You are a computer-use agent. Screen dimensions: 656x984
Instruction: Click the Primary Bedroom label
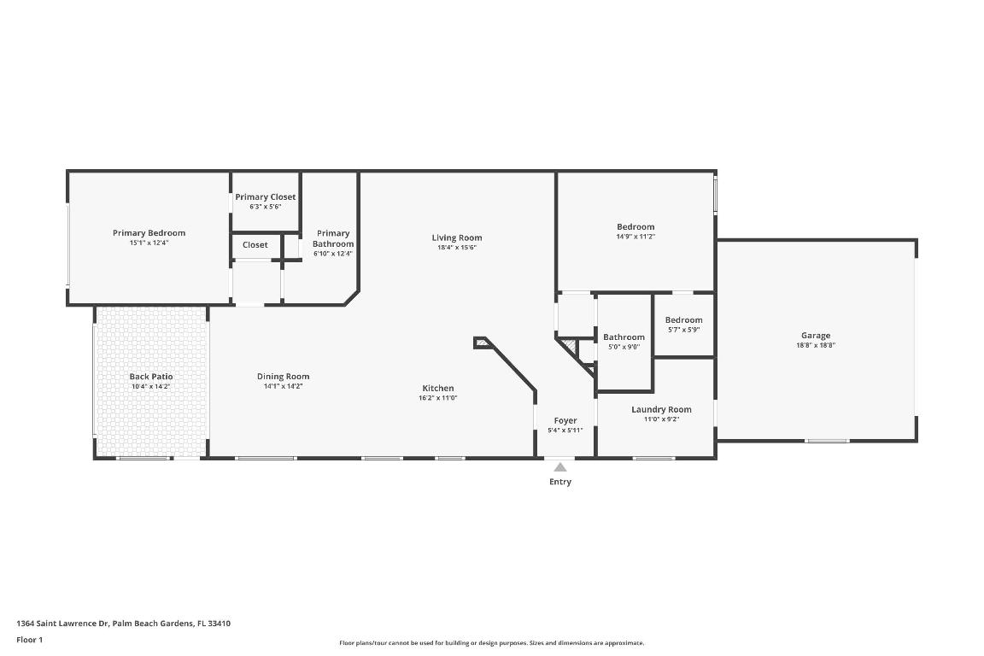[x=149, y=233]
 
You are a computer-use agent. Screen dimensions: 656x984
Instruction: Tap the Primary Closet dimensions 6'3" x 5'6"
[x=265, y=207]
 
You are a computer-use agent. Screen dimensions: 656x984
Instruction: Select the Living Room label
[x=456, y=238]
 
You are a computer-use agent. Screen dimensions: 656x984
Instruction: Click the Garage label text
[x=815, y=336]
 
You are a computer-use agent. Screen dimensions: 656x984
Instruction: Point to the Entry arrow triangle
[x=560, y=467]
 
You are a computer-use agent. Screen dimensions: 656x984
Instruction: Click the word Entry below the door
[x=560, y=482]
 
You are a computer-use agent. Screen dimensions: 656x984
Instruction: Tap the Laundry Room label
[x=661, y=410]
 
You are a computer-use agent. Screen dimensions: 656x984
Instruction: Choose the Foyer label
[x=565, y=420]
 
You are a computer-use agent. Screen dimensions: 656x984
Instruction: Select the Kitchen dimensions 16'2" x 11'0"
[x=437, y=398]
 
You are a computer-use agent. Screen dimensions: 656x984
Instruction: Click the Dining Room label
[x=283, y=377]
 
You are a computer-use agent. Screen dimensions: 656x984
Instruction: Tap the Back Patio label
[x=151, y=377]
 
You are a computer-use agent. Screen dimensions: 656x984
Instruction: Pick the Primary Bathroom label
[x=332, y=238]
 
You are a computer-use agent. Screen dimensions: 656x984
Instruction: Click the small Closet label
[x=255, y=245]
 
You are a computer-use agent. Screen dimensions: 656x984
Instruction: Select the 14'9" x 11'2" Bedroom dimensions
[x=635, y=237]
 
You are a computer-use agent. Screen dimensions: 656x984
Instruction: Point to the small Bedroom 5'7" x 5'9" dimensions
[x=683, y=330]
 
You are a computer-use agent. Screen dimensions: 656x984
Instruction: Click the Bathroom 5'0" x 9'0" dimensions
[x=624, y=347]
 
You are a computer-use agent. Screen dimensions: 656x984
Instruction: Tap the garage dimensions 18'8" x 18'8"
[x=815, y=345]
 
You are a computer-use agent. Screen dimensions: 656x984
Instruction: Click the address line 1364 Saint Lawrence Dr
[x=124, y=624]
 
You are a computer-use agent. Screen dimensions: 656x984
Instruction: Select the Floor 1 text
[x=29, y=639]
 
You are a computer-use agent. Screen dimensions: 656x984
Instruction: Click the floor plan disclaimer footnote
[x=492, y=643]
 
